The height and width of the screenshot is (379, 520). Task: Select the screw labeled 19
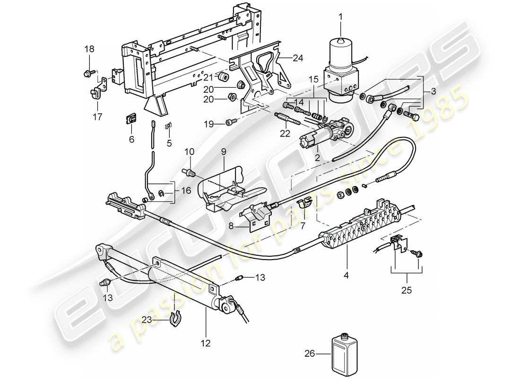point(230,123)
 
